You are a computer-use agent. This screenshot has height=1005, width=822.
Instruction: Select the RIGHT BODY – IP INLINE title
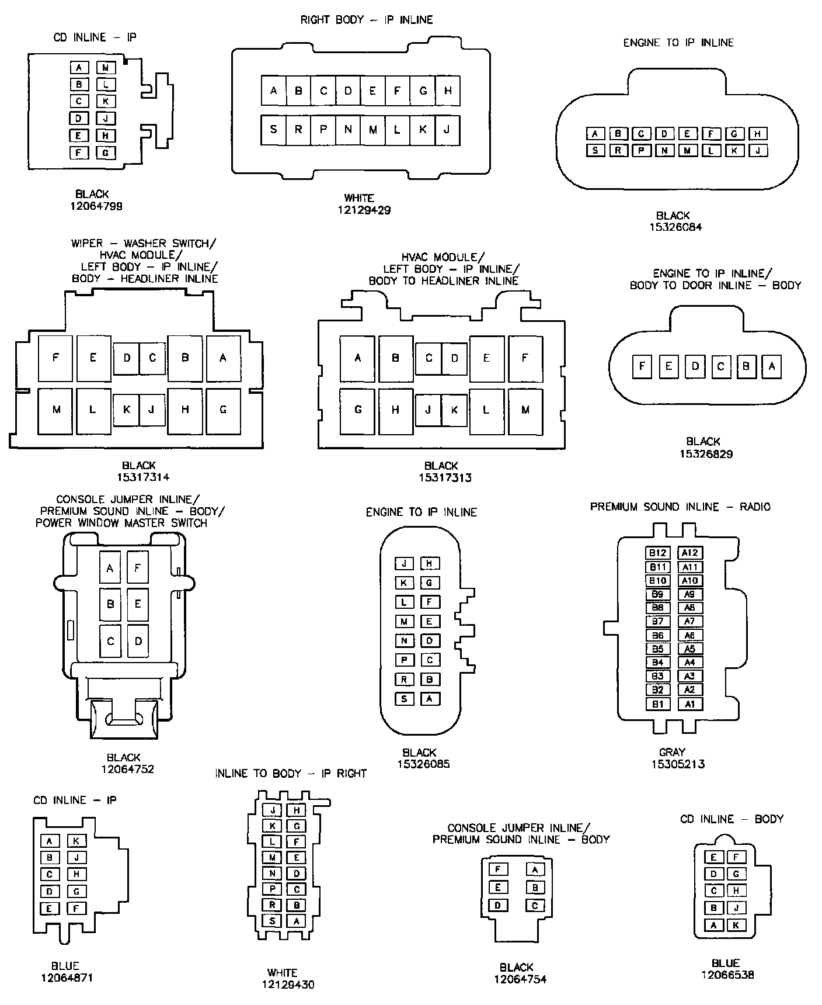click(367, 20)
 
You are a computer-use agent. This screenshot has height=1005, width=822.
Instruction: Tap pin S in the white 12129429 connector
click(273, 130)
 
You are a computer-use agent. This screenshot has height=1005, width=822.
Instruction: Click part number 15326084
click(675, 227)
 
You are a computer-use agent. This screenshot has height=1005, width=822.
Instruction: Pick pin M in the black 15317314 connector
click(56, 410)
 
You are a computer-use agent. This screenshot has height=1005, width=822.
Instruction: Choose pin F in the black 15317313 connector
click(525, 359)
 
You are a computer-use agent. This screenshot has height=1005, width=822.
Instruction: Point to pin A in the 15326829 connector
click(772, 367)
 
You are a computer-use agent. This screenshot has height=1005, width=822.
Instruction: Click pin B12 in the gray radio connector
click(658, 553)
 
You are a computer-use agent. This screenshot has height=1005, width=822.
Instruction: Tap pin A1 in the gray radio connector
click(690, 704)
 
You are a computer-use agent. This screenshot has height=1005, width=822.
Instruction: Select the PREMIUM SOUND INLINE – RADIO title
click(680, 507)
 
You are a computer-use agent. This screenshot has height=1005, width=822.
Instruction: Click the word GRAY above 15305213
click(671, 752)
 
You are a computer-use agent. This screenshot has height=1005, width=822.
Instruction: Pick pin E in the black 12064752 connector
click(138, 604)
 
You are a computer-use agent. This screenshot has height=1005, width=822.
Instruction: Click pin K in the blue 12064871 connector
click(76, 841)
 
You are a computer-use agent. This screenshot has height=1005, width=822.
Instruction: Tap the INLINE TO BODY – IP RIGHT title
click(291, 774)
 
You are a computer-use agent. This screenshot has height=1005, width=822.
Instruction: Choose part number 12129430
click(288, 985)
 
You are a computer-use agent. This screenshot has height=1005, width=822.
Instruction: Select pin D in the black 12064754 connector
click(499, 906)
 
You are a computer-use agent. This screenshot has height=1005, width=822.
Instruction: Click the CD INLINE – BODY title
click(732, 819)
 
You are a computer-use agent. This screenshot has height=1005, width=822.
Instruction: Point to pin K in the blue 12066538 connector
click(736, 925)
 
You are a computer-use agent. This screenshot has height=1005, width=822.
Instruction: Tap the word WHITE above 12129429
click(359, 198)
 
